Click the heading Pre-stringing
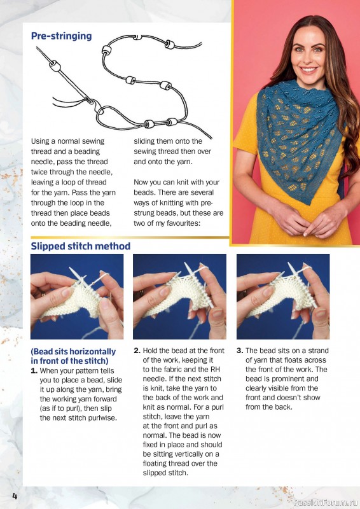[61, 36]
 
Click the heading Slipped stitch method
[81, 246]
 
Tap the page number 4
[14, 496]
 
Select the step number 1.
[34, 370]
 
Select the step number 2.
[137, 351]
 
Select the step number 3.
[240, 351]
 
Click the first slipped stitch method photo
[77, 296]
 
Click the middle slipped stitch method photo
[179, 296]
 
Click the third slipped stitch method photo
[282, 296]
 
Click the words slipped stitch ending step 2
[165, 473]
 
